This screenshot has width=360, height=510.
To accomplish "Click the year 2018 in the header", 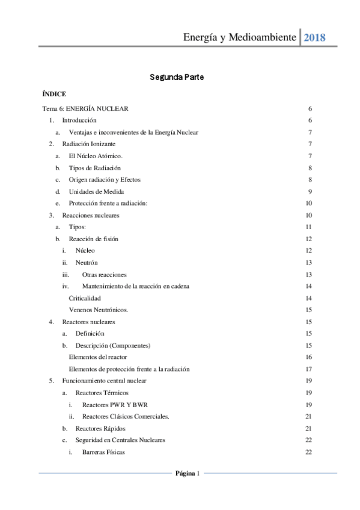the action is coord(315,37).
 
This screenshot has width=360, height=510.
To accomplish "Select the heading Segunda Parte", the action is coord(179,78).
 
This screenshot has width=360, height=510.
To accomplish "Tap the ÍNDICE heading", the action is coord(54,94).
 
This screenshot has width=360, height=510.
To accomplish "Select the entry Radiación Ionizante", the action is coord(89,144).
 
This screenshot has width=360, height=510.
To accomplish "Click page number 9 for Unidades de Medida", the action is coord(309,191).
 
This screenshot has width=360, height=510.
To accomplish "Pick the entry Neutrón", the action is coord(87,262).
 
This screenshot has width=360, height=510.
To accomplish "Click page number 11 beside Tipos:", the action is coord(308,227).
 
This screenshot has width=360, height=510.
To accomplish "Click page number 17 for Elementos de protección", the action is coord(308,369).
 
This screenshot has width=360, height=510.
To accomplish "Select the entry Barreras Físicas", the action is coord(103,452).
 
